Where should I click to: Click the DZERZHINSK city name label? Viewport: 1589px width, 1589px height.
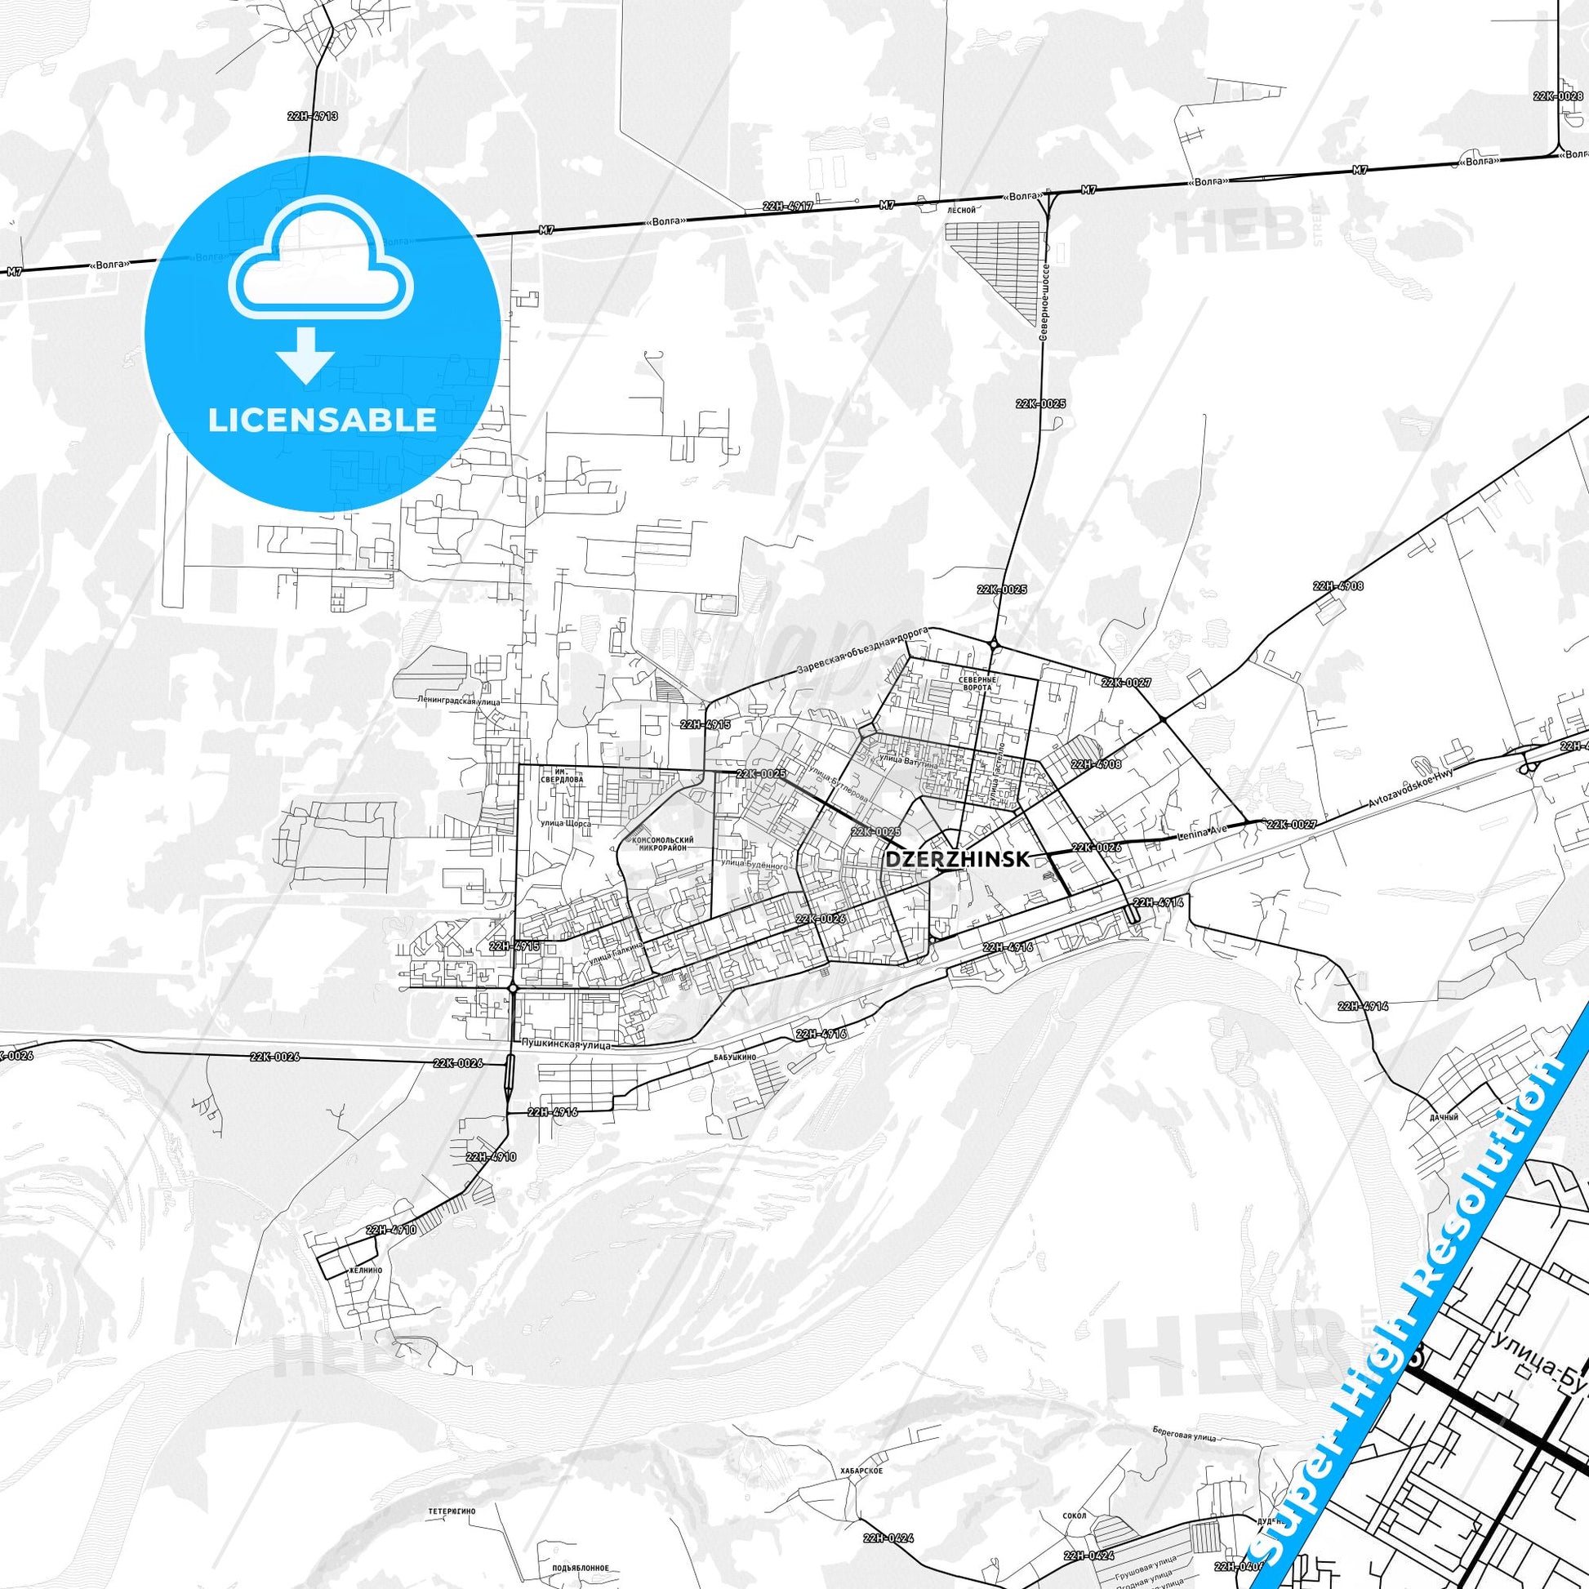tap(957, 859)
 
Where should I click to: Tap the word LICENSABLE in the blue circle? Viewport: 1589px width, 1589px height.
tap(322, 421)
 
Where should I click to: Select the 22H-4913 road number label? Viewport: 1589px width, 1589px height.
tap(313, 117)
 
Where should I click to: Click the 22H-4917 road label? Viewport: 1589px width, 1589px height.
tap(787, 206)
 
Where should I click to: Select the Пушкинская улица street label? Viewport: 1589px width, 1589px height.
tap(565, 1044)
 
